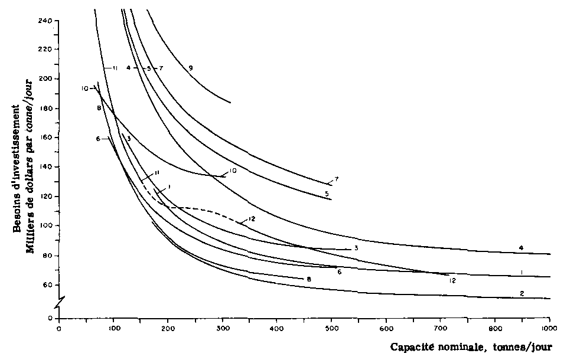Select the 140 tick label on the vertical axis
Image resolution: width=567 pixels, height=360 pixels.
coord(47,168)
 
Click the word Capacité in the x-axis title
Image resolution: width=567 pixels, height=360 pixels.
coord(411,347)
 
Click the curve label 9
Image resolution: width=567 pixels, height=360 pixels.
coord(191,68)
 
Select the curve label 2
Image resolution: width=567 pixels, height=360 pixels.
coord(522,293)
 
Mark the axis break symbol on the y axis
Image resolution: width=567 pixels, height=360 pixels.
coord(59,303)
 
